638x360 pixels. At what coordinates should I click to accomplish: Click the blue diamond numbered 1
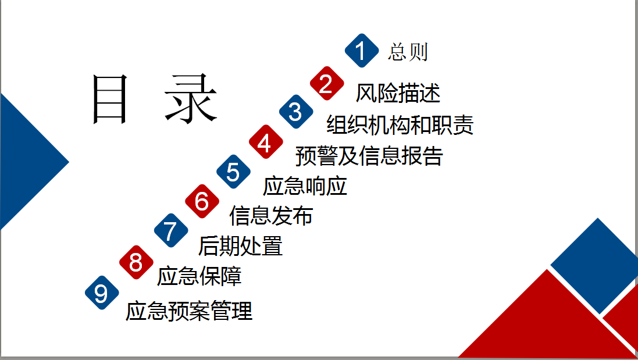[362, 51]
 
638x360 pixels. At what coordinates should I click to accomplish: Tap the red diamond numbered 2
[327, 83]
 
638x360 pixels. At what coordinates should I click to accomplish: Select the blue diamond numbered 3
[296, 112]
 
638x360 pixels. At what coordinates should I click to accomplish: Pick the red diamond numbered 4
[266, 141]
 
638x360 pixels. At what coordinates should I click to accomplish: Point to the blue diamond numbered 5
[234, 171]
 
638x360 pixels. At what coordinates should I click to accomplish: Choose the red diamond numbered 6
[202, 201]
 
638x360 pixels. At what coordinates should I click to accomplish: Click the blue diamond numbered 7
[172, 230]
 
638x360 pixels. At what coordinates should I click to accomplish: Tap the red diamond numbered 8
[136, 262]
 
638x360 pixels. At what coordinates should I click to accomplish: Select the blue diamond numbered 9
[102, 293]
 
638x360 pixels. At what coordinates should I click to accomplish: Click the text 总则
[408, 52]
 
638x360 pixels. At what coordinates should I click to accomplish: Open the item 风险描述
[398, 93]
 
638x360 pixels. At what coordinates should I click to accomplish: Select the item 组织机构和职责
[400, 124]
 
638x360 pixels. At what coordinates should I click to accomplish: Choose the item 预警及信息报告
[369, 156]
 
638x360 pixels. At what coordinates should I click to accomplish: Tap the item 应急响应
[305, 186]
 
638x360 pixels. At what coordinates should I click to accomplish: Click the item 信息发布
[271, 216]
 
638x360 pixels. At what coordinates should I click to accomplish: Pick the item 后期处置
[240, 246]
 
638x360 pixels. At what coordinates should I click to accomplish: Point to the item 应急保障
[199, 276]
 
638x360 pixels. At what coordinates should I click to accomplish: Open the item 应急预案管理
[189, 311]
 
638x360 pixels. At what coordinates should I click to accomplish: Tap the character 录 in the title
[190, 99]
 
